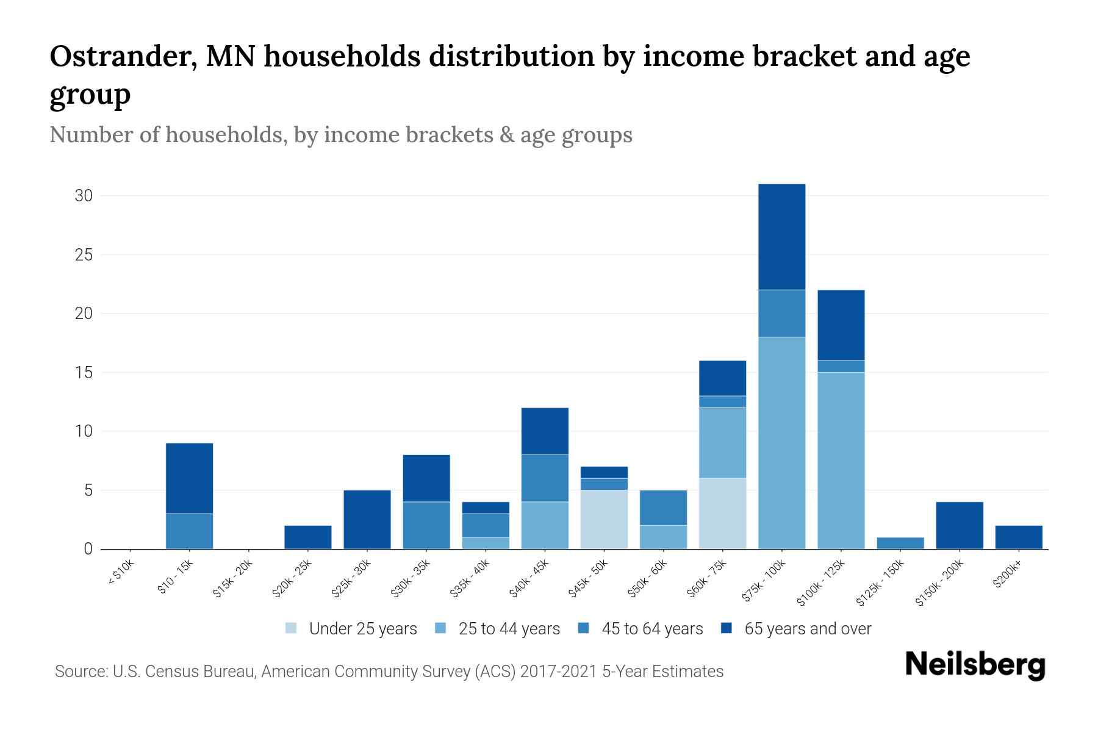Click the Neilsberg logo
975,665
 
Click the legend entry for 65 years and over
796,629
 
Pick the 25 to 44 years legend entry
497,629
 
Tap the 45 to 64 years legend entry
640,629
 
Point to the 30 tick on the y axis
84,196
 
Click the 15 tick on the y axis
84,373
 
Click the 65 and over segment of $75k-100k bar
781,237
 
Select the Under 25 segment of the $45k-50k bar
604,519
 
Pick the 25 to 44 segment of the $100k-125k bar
841,461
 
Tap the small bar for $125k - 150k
900,543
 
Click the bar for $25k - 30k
367,519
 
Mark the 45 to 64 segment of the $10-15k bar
190,531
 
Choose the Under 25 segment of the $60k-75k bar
722,513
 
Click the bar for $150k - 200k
959,525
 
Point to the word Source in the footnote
77,672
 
